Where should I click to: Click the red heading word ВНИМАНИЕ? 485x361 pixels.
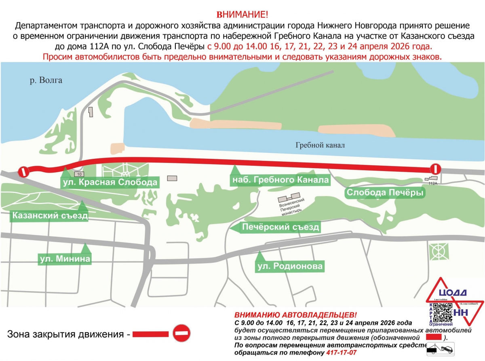242,15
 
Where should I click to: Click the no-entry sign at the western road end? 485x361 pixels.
24,172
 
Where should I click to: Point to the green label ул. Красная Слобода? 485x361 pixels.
110,183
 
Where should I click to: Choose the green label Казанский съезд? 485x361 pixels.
50,215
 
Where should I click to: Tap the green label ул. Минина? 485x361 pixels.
65,258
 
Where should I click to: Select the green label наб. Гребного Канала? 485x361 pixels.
279,180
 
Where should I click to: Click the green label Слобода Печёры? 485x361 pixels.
385,193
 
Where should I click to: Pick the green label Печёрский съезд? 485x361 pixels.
280,227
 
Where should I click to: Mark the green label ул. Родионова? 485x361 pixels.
290,266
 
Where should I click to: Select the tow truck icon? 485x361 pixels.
441,348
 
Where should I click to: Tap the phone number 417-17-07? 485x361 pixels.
341,353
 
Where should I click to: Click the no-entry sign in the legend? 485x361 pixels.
181,334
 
